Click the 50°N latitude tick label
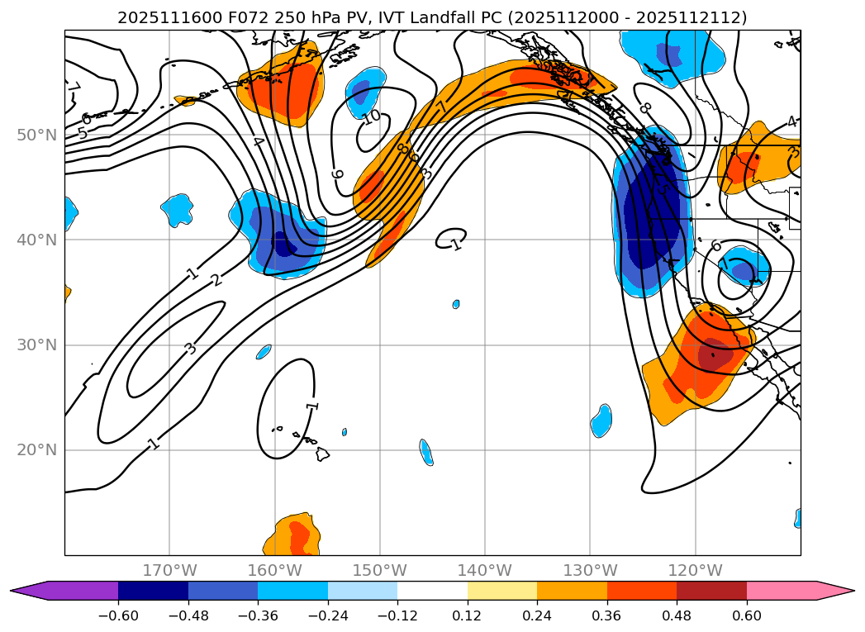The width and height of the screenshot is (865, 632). tap(36, 135)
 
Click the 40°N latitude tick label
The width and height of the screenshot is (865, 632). tap(36, 240)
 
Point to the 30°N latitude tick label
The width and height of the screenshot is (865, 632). tap(36, 345)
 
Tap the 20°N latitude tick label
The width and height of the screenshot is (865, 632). tap(36, 450)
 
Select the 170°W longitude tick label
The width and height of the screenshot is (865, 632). tap(169, 570)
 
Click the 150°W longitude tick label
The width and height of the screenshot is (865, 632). tap(380, 570)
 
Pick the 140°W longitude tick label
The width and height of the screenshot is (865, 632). tap(485, 570)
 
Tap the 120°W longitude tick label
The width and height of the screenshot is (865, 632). tap(695, 570)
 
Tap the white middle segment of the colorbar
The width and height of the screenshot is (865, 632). tap(432, 591)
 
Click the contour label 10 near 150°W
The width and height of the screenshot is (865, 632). tap(372, 116)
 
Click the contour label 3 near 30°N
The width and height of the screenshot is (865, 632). tap(191, 348)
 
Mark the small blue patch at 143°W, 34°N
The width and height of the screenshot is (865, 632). tap(456, 304)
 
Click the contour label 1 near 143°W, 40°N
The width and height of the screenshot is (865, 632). tap(456, 244)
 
